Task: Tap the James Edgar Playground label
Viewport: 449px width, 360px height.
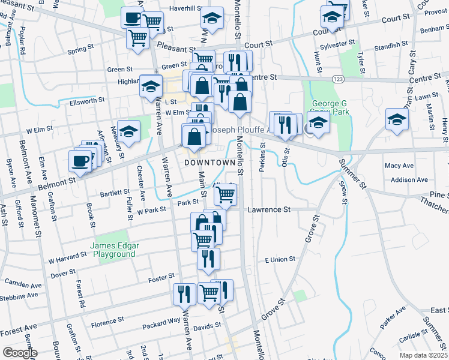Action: [x=115, y=250]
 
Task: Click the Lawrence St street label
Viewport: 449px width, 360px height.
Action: [x=269, y=210]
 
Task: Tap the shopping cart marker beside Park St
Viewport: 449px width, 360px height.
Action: [x=225, y=194]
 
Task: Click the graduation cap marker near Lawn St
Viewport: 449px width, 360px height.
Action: [x=397, y=119]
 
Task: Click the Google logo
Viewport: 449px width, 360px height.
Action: [x=20, y=353]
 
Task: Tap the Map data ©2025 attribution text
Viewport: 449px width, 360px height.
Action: [x=423, y=355]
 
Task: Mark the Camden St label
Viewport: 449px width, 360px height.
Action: [x=23, y=281]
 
